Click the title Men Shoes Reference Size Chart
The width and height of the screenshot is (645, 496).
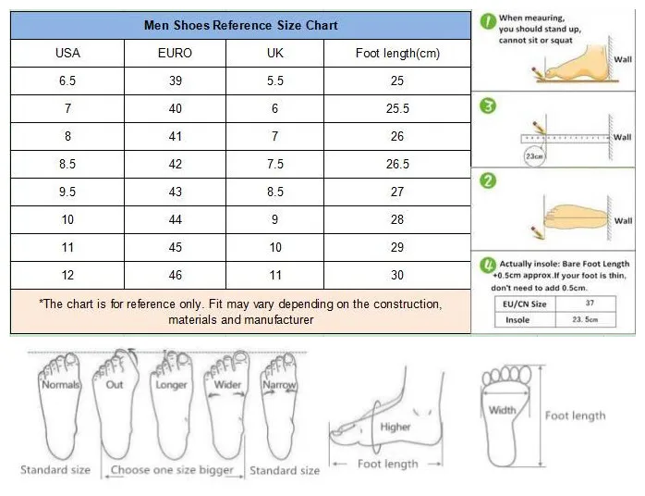coord(240,25)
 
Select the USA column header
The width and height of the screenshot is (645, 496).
coord(67,53)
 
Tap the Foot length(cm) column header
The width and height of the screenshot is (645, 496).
coord(397,53)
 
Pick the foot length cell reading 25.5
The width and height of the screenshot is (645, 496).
coord(397,108)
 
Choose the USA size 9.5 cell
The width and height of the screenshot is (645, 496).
coord(67,192)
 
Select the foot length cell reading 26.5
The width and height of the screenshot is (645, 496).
coord(397,164)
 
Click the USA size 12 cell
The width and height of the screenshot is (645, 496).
coord(67,275)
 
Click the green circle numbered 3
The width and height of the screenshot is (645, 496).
coord(488,106)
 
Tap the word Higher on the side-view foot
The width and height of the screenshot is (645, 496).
coord(395,427)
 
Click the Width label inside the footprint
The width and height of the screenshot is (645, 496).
coord(503,410)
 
